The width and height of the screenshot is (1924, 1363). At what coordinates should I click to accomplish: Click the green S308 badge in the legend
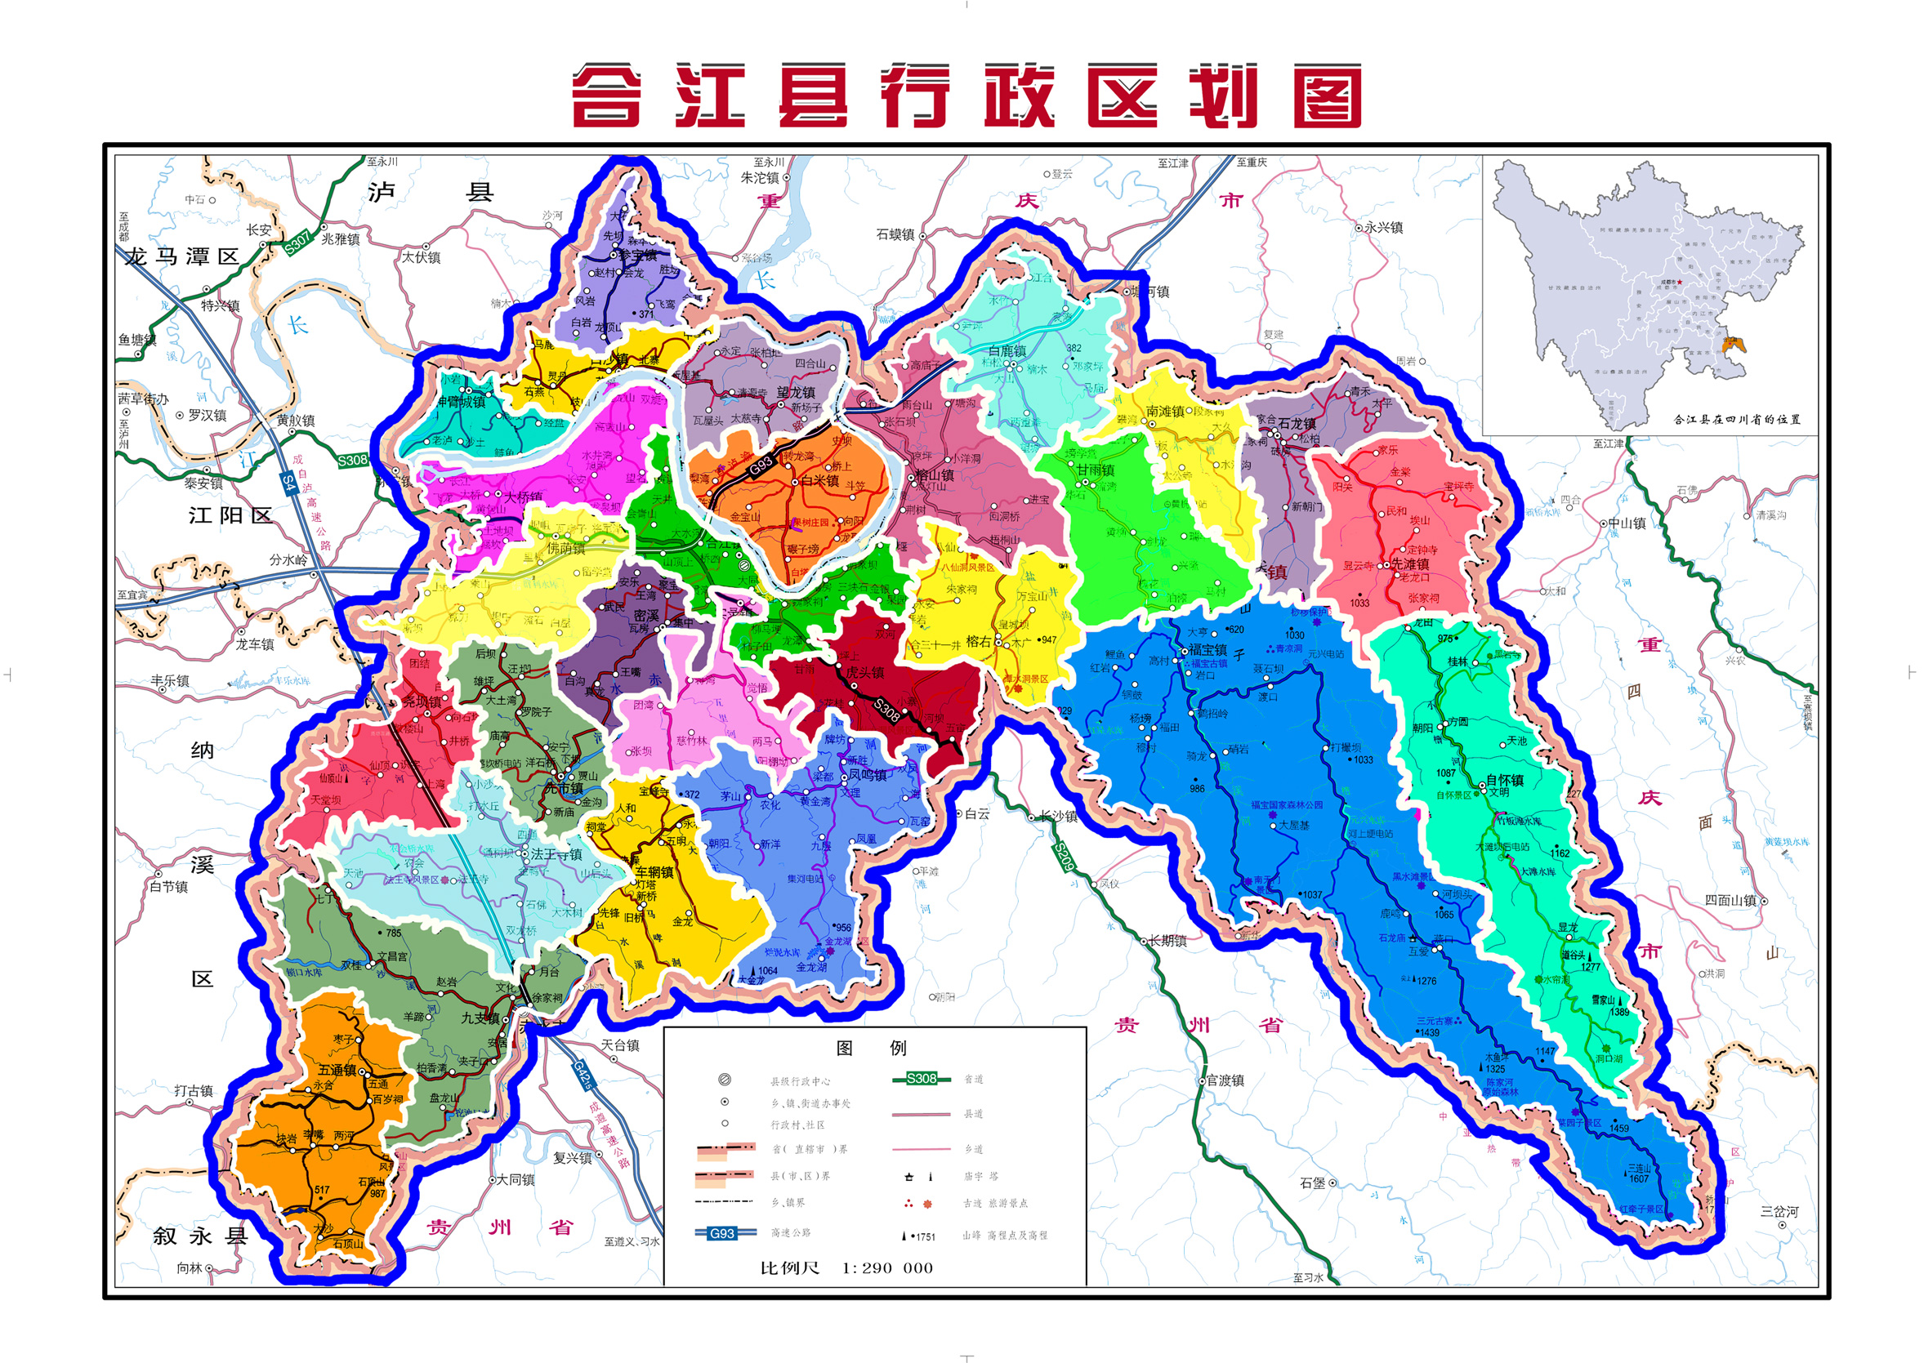click(x=921, y=1079)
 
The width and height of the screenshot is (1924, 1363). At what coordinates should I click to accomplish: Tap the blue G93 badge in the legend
click(x=722, y=1233)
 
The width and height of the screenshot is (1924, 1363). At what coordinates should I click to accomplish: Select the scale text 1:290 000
click(x=887, y=1268)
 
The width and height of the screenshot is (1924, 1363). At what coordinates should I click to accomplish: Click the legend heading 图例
click(x=872, y=1048)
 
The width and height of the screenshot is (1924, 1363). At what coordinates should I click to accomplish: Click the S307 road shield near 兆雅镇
click(x=297, y=242)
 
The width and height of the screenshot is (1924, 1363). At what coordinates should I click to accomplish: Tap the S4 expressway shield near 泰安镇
click(x=288, y=483)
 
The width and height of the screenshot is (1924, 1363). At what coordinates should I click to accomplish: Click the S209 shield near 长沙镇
click(x=1064, y=855)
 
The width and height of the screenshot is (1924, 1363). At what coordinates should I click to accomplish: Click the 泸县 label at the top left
click(x=430, y=193)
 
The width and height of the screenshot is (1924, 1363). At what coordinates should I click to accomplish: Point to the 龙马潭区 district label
click(x=181, y=256)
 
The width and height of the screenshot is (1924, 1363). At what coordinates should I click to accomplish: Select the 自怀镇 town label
click(x=1504, y=780)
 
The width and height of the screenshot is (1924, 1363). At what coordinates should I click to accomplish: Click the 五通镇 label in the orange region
click(x=337, y=1070)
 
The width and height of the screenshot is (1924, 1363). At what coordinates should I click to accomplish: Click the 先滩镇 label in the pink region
click(x=1410, y=564)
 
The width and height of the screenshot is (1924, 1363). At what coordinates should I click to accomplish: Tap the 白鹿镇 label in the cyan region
click(x=1007, y=351)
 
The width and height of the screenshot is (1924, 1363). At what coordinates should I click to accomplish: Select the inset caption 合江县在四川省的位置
click(x=1737, y=419)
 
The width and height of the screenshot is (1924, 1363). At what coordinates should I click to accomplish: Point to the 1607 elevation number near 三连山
click(x=1640, y=1178)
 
